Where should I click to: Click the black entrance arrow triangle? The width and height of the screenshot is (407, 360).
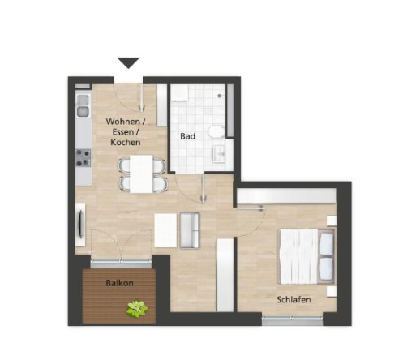(128, 62)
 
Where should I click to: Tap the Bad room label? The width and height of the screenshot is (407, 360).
(188, 136)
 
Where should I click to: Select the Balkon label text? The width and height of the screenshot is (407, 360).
(120, 283)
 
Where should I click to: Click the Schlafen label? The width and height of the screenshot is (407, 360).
(293, 300)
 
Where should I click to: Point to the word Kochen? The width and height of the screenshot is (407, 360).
(126, 143)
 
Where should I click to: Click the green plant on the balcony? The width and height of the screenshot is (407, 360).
(138, 309)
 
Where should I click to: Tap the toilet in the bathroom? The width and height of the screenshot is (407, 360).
(216, 131)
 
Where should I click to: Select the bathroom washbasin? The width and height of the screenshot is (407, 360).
(219, 154)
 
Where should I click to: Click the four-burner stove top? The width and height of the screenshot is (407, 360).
(84, 158)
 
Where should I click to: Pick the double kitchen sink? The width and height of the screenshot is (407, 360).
(83, 106)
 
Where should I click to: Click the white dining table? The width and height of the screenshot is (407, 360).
(141, 174)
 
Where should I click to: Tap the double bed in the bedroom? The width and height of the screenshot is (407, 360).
(307, 257)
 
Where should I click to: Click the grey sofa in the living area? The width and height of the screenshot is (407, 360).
(190, 231)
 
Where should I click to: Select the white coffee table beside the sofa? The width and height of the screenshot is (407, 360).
(165, 230)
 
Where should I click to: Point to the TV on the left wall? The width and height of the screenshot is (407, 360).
(80, 225)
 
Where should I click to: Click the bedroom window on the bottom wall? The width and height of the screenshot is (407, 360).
(293, 320)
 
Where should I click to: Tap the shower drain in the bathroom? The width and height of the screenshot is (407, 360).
(220, 96)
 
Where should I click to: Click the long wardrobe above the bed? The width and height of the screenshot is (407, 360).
(287, 195)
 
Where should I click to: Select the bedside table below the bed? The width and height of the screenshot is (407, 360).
(332, 292)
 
